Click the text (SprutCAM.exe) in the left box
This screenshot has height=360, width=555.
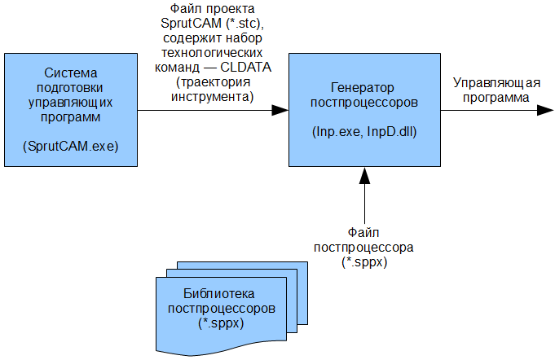(x=71, y=147)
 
